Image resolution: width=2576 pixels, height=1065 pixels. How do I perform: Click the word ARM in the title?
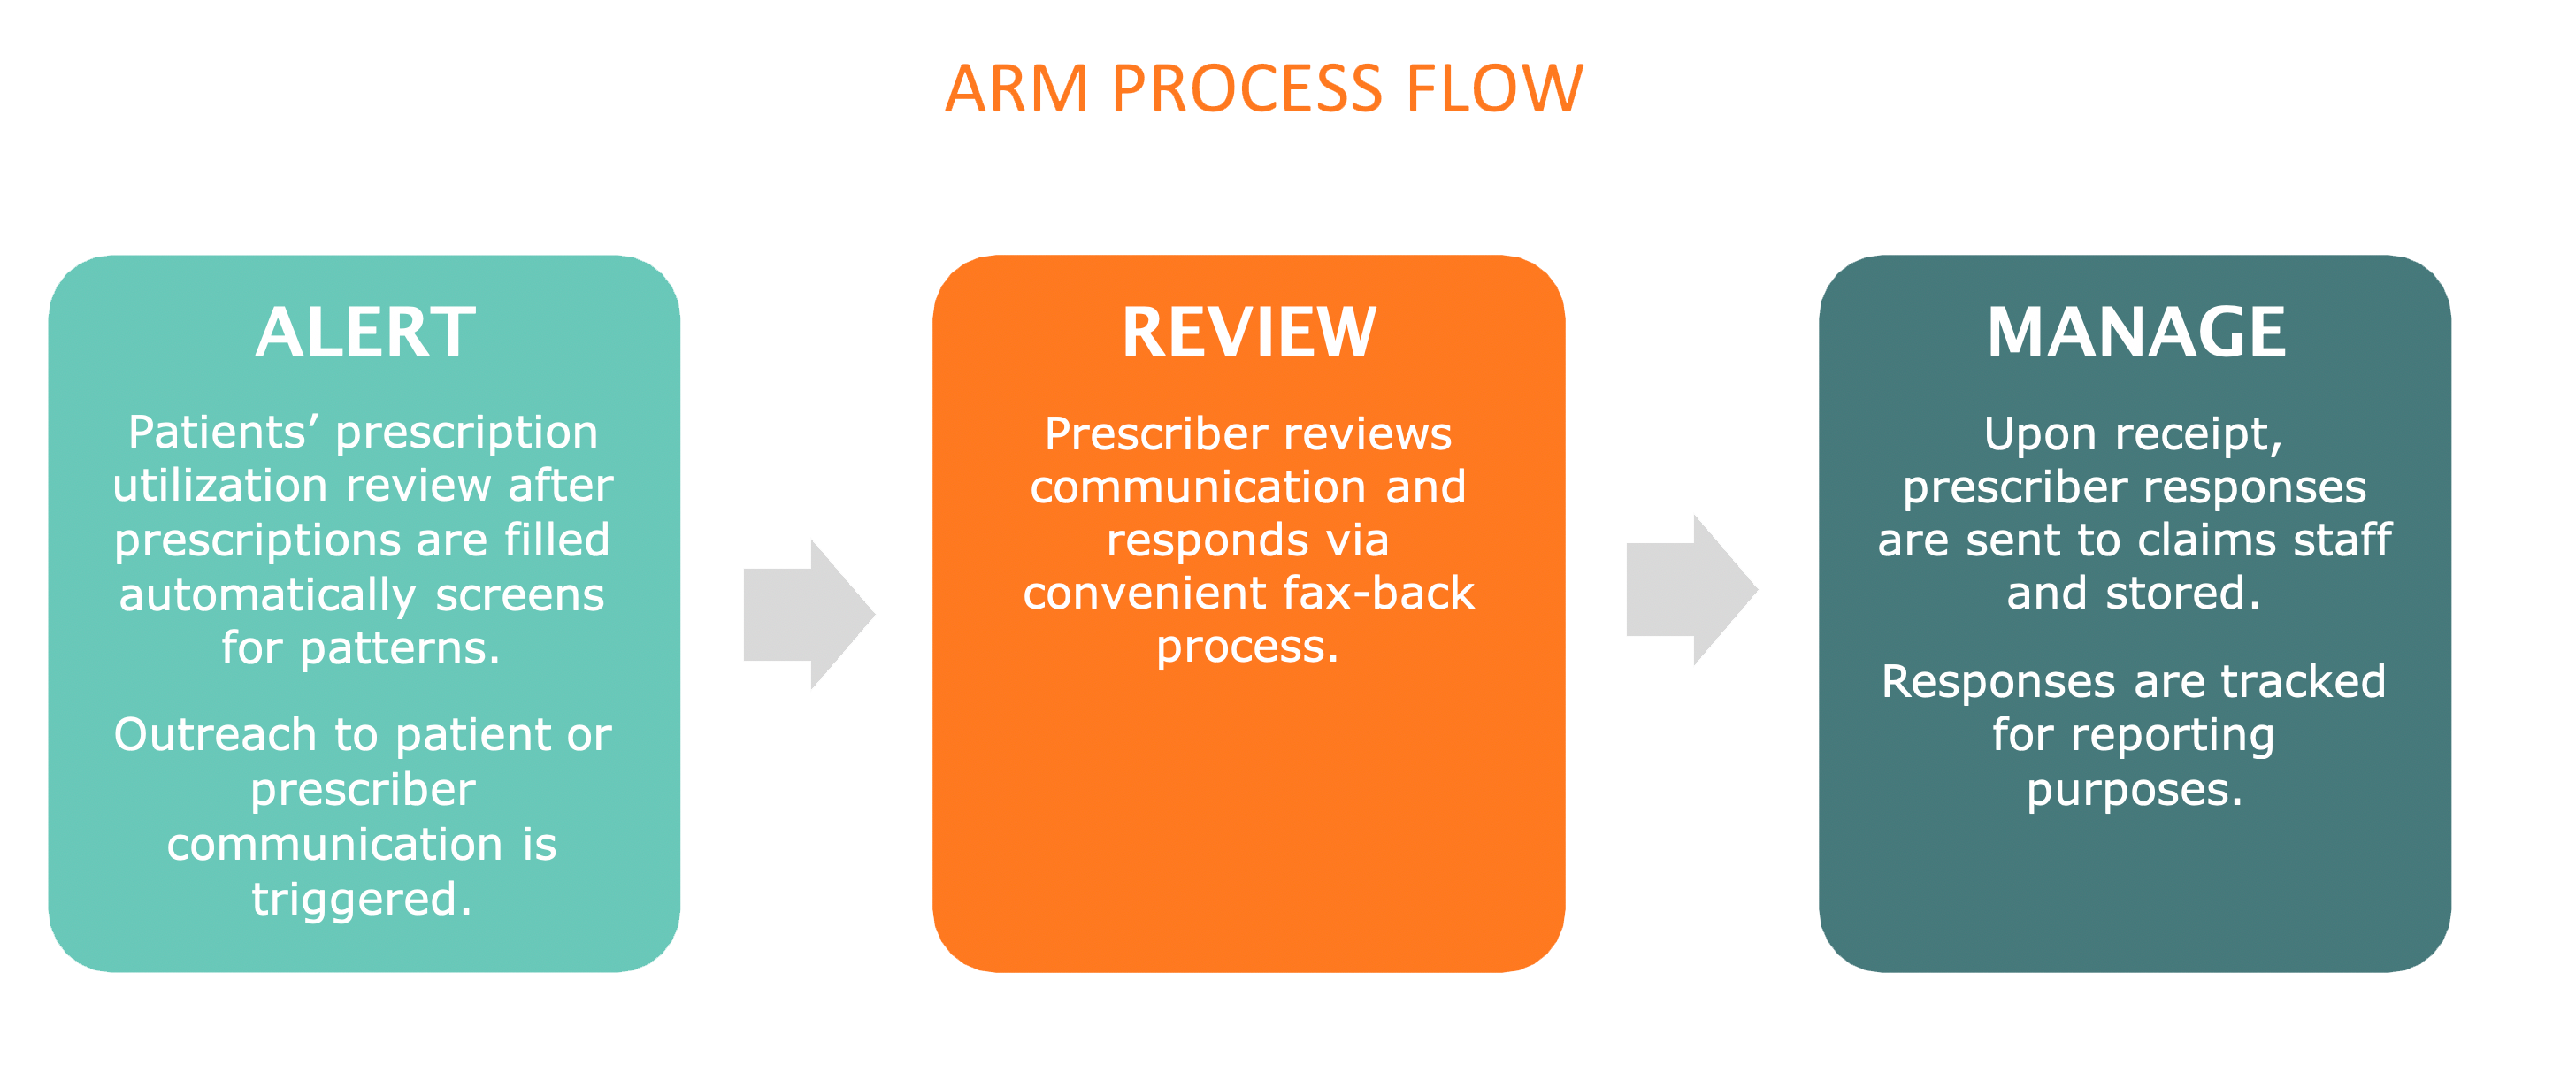click(x=1017, y=89)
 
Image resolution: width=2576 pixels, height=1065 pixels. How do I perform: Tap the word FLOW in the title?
click(x=1495, y=89)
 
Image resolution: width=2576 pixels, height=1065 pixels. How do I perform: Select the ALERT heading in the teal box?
click(x=365, y=332)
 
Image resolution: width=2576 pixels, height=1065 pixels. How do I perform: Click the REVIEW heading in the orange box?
click(x=1249, y=332)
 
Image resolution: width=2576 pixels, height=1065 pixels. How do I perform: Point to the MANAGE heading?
click(x=2136, y=332)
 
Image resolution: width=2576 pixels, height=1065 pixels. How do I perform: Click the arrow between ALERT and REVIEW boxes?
click(x=809, y=614)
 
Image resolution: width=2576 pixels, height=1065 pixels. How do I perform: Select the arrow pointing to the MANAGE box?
click(x=1692, y=589)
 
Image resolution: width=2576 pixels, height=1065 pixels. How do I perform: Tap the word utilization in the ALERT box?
click(x=220, y=486)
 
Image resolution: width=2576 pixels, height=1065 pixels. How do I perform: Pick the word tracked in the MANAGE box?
click(x=2303, y=682)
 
